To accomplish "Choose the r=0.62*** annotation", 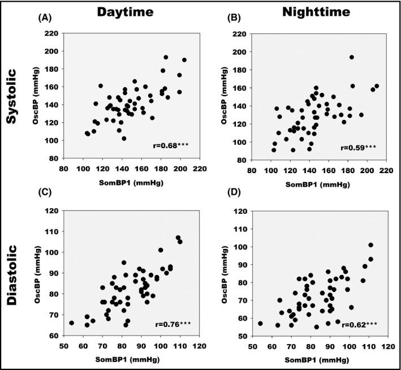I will (358, 325).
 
